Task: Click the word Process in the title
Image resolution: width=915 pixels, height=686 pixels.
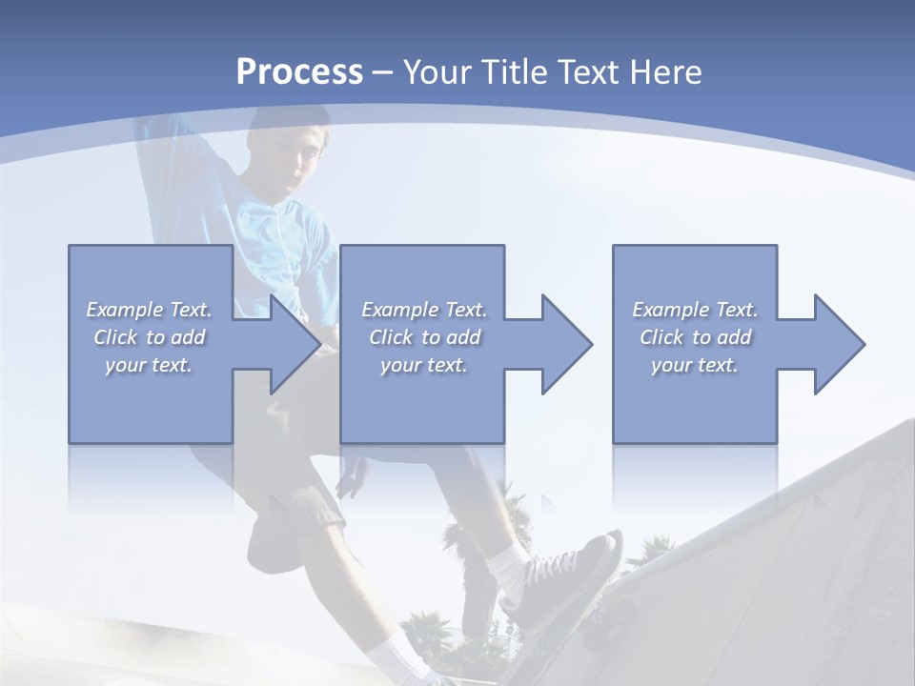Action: click(x=299, y=71)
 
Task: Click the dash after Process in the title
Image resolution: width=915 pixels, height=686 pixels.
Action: click(x=383, y=73)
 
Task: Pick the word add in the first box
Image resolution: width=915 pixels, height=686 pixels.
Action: click(x=187, y=337)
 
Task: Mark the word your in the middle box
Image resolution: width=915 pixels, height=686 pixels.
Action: click(x=399, y=365)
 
